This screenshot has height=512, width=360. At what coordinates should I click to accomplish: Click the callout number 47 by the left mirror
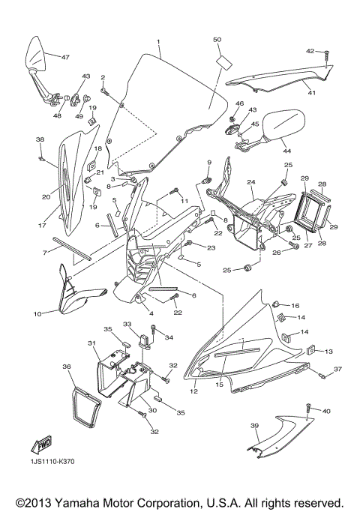click(65, 57)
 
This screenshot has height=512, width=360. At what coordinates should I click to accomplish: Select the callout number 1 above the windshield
click(159, 40)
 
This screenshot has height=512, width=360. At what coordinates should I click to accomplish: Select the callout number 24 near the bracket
click(251, 182)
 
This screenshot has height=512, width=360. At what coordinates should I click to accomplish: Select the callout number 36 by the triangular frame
click(67, 367)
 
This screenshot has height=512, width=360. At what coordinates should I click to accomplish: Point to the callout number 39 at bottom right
click(253, 427)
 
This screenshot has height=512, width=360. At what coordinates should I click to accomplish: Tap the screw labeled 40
click(308, 409)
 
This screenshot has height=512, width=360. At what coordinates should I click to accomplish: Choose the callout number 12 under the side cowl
click(193, 391)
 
